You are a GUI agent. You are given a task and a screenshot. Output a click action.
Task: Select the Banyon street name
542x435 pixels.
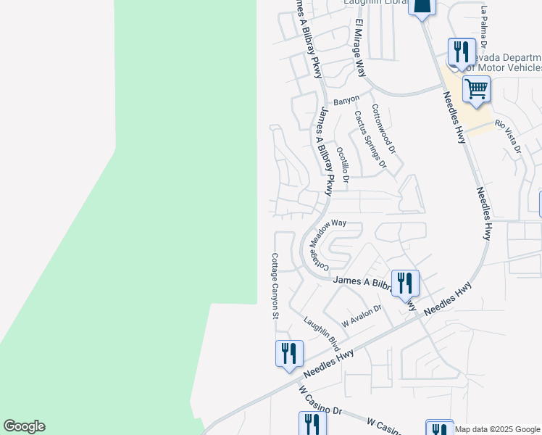click(x=346, y=101)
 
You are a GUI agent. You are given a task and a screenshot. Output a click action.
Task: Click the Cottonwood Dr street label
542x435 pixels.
click(x=384, y=129)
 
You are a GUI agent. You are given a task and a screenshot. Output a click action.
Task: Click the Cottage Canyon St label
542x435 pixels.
click(x=275, y=286)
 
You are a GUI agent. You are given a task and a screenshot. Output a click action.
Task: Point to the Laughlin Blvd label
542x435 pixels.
click(x=322, y=331)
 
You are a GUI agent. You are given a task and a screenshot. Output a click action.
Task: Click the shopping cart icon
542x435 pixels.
click(x=476, y=89)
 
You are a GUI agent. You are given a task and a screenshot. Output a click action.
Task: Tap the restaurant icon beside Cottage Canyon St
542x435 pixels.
click(x=289, y=354)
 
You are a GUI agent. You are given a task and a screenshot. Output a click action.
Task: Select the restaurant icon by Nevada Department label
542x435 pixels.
click(x=461, y=51)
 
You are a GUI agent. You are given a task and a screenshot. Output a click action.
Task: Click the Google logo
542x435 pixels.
click(x=24, y=426)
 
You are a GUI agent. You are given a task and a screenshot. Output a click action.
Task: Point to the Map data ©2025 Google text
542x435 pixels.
click(x=498, y=429)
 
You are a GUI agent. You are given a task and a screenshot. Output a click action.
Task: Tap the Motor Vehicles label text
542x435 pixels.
click(x=506, y=67)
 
